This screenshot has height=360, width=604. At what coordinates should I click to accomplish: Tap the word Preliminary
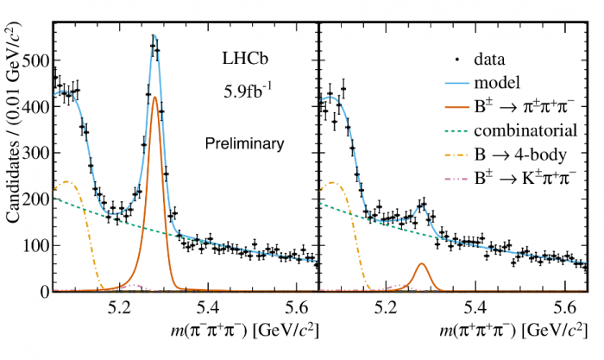click(244, 143)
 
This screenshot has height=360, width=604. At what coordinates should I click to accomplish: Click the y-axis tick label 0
click(42, 293)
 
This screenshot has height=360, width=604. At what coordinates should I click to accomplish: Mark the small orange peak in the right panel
click(421, 264)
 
